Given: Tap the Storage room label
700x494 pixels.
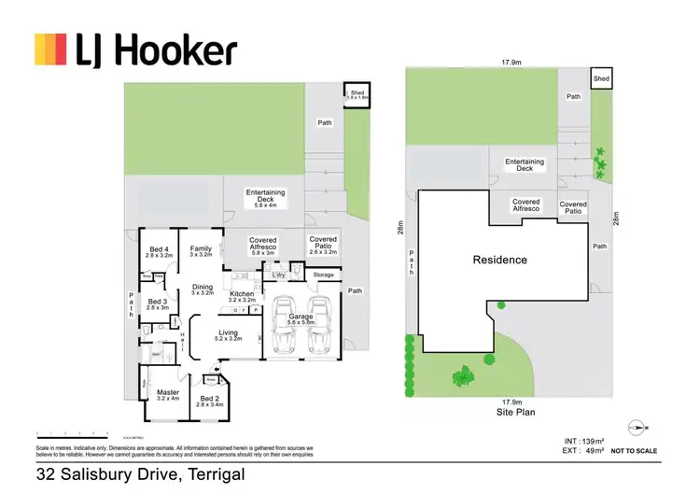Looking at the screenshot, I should pos(323,275).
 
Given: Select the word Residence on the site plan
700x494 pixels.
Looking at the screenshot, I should pos(499,261).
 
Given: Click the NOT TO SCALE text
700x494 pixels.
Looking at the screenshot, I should pos(636,451).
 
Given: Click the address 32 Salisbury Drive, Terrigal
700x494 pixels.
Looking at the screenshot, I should pos(140,474).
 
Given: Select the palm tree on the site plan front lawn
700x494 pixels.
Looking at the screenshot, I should pos(462,376).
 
